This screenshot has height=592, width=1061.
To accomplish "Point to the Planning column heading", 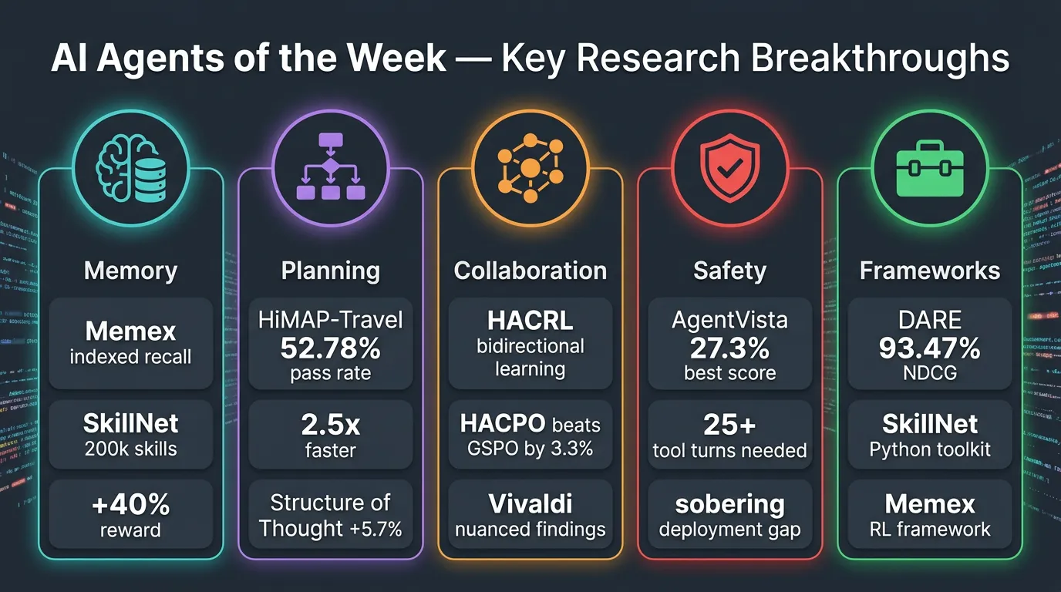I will [x=330, y=271].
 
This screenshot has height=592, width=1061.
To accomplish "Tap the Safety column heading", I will [x=729, y=271].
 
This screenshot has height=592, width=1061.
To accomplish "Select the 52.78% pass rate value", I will [x=330, y=348].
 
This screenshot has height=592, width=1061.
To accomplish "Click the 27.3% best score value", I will [x=729, y=348].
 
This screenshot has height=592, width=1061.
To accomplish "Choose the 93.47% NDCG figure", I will [x=929, y=348].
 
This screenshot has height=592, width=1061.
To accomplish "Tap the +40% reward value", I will [x=130, y=505].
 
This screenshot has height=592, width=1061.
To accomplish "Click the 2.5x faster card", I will [x=330, y=434].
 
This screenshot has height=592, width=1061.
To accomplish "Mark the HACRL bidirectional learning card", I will [x=530, y=344].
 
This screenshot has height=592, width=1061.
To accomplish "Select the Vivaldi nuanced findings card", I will [x=530, y=516].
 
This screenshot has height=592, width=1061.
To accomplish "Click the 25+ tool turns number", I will [x=729, y=424].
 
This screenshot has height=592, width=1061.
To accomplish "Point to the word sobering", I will [x=729, y=504].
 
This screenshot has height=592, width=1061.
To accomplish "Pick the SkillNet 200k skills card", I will [x=130, y=434].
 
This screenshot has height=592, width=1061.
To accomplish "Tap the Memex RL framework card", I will [x=929, y=516].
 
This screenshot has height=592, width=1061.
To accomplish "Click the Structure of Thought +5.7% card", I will [x=330, y=516].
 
